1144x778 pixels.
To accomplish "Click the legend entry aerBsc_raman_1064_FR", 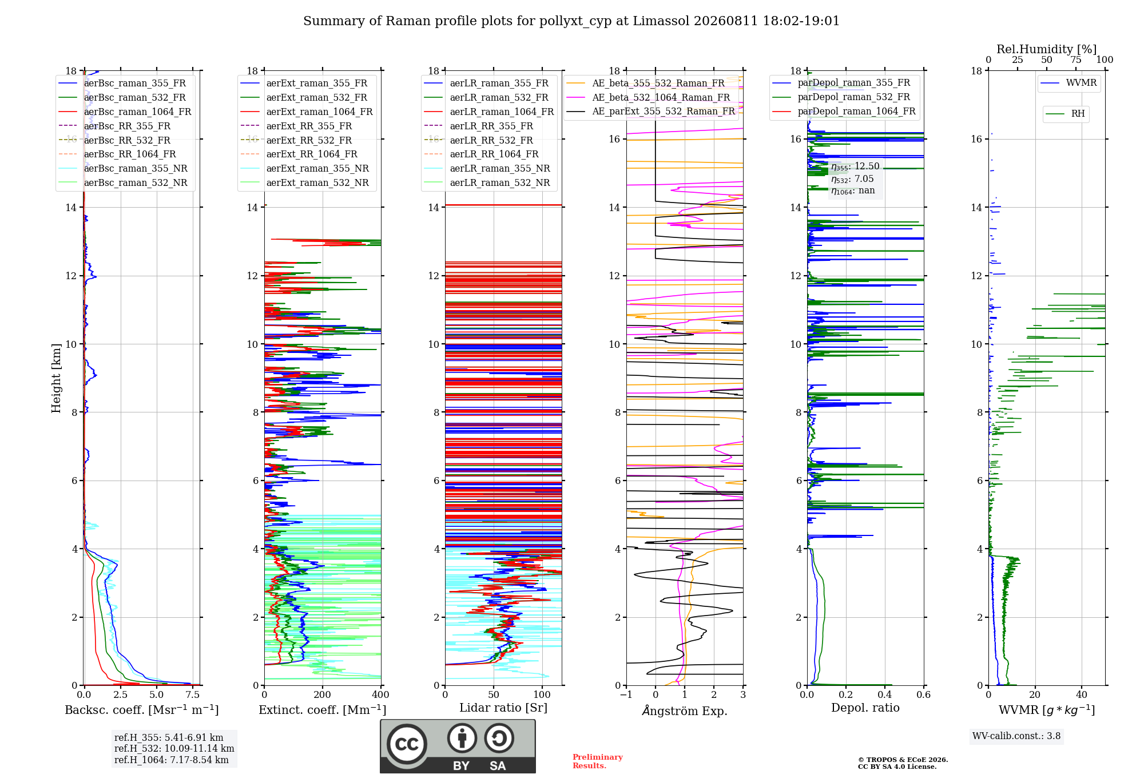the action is point(125,112).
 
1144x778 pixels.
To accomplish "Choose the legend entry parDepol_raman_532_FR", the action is point(841,97).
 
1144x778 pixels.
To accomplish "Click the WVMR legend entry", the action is point(1068,83).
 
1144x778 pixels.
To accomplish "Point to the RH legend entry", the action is point(1065,114).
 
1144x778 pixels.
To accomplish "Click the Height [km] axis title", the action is point(56,378).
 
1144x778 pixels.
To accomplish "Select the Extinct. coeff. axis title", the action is point(323,709).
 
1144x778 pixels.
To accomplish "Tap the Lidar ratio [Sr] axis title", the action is point(503,708).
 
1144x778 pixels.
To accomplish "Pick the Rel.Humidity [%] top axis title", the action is point(1047,49).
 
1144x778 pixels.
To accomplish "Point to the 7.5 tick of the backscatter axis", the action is point(193,694).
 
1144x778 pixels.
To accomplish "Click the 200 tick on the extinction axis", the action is point(323,694).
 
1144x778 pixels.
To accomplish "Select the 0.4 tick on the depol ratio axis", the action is point(885,694).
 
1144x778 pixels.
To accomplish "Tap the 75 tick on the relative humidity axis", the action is point(1076,59).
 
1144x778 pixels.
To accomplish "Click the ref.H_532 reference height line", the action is point(174,748).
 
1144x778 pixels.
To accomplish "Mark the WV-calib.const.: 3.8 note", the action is point(1016,736).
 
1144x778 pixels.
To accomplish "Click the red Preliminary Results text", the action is point(598,761).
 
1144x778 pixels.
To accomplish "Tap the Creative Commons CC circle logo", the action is point(407,744).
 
